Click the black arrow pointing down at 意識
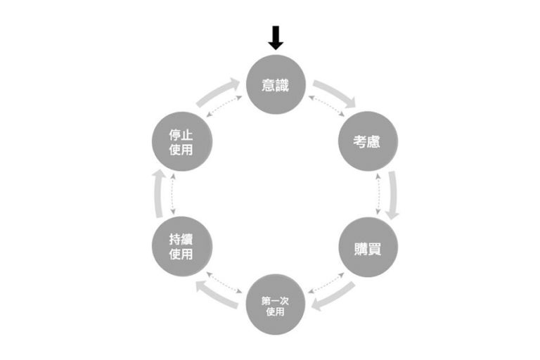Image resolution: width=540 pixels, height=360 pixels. pyautogui.click(x=276, y=37)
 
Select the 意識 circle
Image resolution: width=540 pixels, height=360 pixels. pyautogui.click(x=276, y=84)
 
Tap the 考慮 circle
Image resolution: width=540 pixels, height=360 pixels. pyautogui.click(x=368, y=141)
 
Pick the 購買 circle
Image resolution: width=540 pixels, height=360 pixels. pyautogui.click(x=368, y=247)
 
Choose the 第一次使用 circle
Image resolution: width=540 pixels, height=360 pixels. pyautogui.click(x=276, y=304)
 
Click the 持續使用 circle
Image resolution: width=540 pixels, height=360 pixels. pyautogui.click(x=182, y=247)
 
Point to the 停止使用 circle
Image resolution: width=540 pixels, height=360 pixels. pyautogui.click(x=182, y=141)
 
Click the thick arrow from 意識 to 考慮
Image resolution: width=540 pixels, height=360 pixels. pyautogui.click(x=335, y=92)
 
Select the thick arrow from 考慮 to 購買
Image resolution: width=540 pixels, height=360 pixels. pyautogui.click(x=393, y=195)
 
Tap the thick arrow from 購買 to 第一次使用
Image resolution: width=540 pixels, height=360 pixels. pyautogui.click(x=333, y=297)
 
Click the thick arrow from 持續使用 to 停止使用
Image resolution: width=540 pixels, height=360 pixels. pyautogui.click(x=159, y=193)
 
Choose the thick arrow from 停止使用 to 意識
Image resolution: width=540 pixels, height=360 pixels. pyautogui.click(x=218, y=92)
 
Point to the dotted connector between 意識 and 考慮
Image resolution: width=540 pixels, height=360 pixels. pyautogui.click(x=326, y=106)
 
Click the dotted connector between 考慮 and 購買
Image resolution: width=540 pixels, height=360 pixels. pyautogui.click(x=378, y=194)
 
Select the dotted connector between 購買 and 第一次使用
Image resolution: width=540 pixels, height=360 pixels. pyautogui.click(x=326, y=283)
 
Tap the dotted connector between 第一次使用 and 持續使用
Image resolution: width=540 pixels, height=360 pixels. pyautogui.click(x=224, y=283)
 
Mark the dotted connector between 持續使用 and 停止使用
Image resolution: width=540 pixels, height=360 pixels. pyautogui.click(x=173, y=194)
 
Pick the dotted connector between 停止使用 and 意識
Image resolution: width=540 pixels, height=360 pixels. pyautogui.click(x=224, y=106)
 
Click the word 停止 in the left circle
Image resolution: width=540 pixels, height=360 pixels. pyautogui.click(x=181, y=135)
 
